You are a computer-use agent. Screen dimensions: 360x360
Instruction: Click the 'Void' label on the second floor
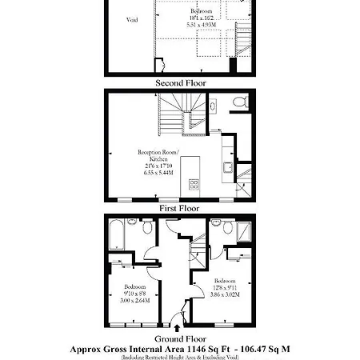coord(132,19)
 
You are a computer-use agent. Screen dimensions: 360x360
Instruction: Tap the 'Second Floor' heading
coord(180,82)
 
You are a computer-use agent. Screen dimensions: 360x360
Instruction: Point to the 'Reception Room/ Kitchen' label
coord(153,154)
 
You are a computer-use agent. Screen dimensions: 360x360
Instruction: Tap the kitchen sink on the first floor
coord(227,168)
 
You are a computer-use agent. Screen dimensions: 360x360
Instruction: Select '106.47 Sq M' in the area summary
coord(261,349)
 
